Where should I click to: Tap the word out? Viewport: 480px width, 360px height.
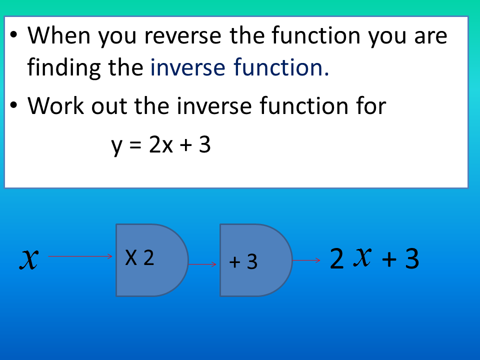point(110,106)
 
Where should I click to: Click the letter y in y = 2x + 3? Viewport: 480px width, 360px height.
point(116,145)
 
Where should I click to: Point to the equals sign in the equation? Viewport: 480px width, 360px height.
point(135,145)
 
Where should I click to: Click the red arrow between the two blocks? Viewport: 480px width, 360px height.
point(203,264)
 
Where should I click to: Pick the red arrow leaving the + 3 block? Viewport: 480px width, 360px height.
point(306,260)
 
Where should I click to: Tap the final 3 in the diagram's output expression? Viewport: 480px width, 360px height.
point(411,259)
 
